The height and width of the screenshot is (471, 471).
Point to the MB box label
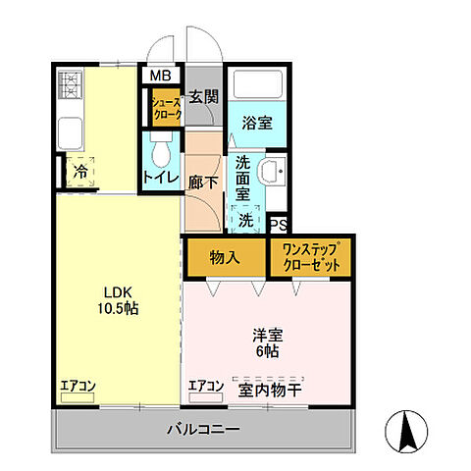[159, 75]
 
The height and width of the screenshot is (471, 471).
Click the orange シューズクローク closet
[165, 106]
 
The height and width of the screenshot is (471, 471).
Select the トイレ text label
[161, 178]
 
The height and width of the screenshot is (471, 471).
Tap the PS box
[278, 223]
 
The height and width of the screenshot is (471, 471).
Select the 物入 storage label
[225, 256]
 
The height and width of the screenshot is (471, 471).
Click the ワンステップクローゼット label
[310, 256]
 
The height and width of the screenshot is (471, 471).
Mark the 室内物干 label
[268, 387]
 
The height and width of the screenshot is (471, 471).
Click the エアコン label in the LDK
[77, 386]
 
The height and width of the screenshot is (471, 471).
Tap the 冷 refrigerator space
[78, 170]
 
